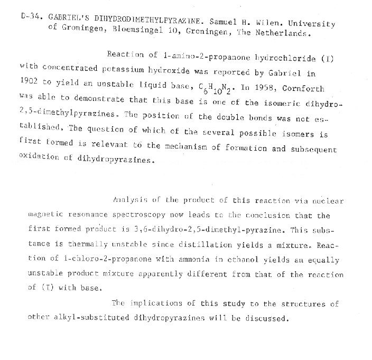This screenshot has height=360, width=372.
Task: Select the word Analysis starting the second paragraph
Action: pyautogui.click(x=128, y=200)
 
